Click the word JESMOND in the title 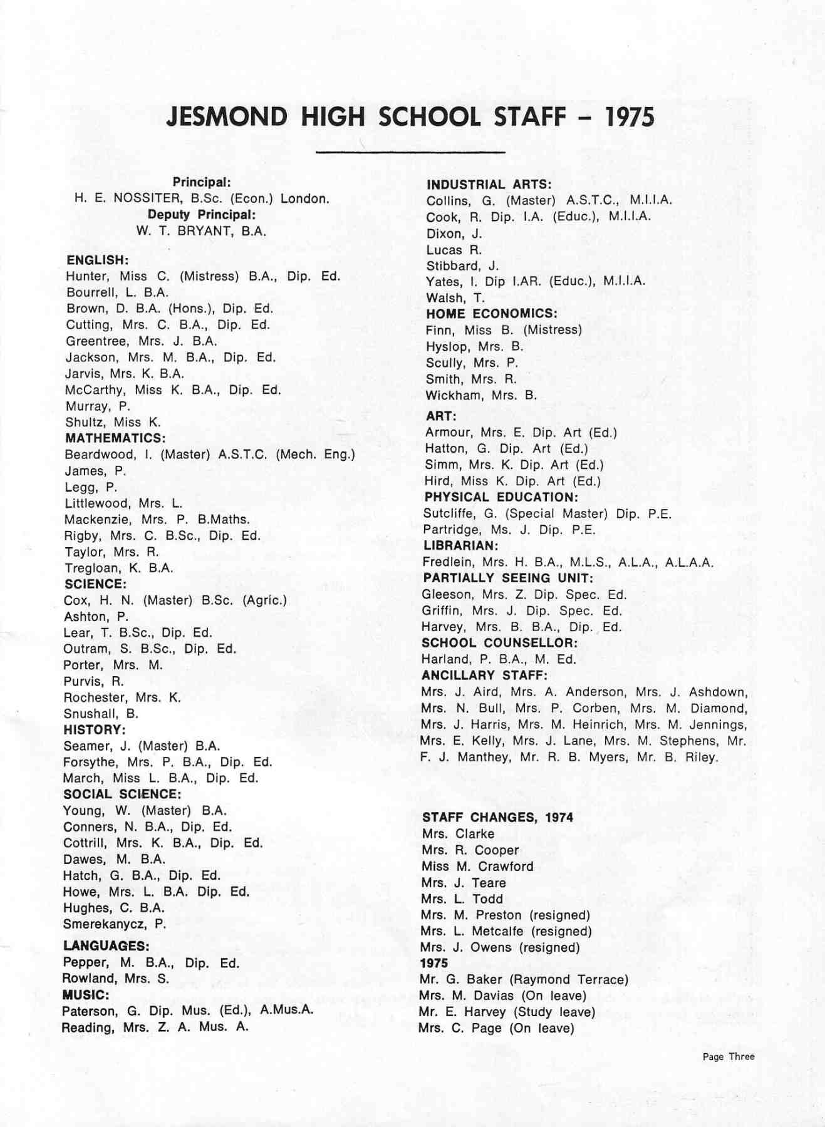coord(227,117)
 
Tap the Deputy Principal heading coord(202,215)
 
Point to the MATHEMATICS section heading coord(115,438)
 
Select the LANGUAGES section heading coord(106,946)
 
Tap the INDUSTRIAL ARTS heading coord(489,185)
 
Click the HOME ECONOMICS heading coord(491,314)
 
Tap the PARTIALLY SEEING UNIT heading coord(507,578)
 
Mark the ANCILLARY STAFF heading coord(484,676)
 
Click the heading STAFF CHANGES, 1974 coord(497,818)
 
